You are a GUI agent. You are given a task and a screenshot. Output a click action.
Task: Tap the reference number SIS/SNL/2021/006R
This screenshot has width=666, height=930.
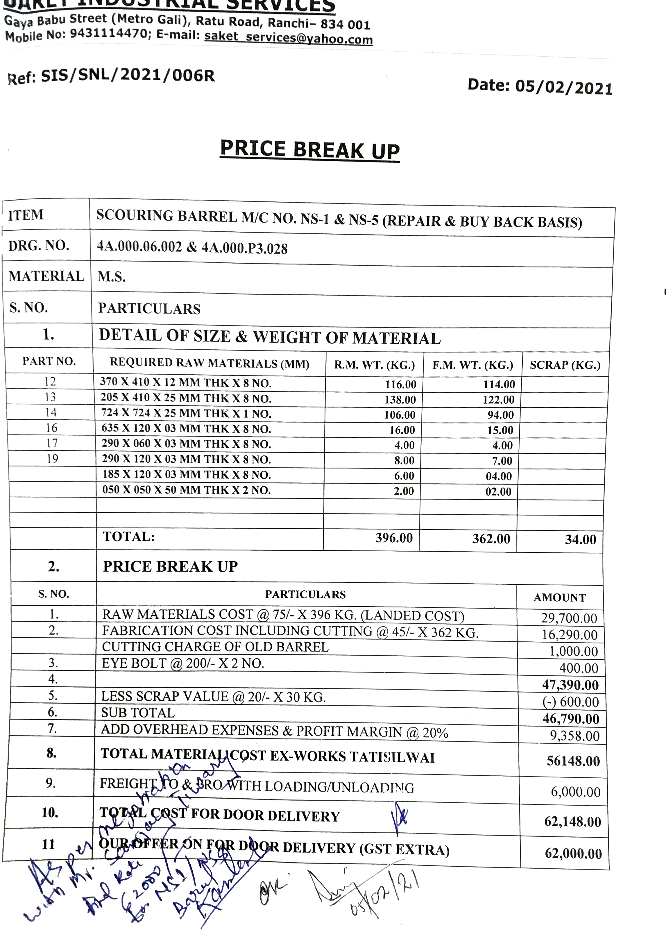click(128, 76)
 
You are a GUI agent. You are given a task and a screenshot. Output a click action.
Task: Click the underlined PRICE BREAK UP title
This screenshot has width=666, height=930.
click(310, 150)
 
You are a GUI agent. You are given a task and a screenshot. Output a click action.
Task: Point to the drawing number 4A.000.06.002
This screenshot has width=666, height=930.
click(139, 246)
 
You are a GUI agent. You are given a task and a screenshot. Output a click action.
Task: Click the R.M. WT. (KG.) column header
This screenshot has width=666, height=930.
click(374, 364)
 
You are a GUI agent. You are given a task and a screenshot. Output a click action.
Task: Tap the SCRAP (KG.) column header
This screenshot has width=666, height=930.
click(565, 365)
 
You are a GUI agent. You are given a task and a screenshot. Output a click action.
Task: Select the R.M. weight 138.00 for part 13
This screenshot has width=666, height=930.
click(400, 399)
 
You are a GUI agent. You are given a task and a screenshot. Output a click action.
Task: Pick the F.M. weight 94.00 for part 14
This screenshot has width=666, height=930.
click(500, 415)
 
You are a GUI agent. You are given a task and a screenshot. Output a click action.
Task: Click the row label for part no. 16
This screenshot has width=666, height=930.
click(51, 428)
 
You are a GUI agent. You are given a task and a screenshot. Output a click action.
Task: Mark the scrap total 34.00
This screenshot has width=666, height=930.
click(580, 539)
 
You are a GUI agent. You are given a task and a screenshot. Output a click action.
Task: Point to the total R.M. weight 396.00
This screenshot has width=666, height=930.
click(394, 538)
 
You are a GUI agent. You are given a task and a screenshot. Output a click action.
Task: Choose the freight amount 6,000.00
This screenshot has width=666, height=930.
click(575, 792)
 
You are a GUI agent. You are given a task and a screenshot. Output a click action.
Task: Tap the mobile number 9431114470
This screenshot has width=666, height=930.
click(108, 33)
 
